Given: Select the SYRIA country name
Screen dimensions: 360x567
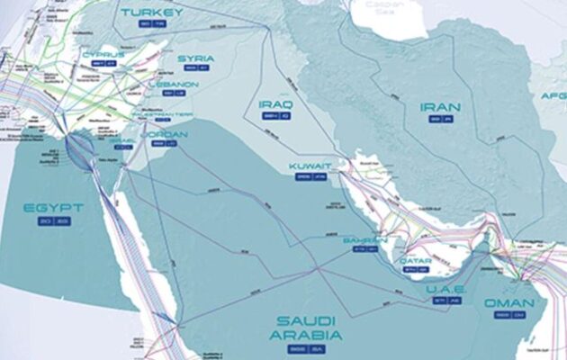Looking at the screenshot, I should point(195,59).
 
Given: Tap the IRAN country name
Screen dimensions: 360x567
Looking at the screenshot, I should point(440,107).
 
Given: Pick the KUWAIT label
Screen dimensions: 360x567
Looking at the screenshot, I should point(310,167).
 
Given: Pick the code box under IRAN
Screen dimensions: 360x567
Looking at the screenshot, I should point(440,120).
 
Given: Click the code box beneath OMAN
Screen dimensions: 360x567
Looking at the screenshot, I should point(508,316).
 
